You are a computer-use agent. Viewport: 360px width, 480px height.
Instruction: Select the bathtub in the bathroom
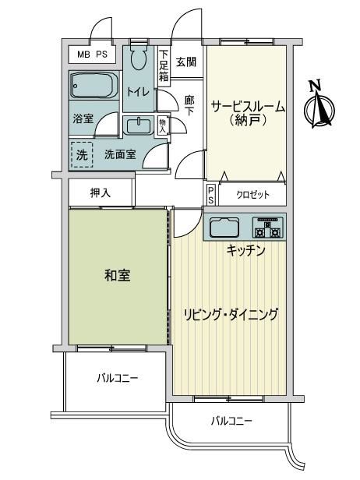pos(94,85)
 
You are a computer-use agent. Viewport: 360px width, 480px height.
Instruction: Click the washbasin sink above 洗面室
pos(139,125)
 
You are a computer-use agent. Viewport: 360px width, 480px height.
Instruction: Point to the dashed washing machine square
pos(82,154)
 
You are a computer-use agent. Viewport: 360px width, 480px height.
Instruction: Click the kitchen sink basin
pos(224,228)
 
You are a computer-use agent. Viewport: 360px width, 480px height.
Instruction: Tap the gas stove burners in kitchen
pos(268,228)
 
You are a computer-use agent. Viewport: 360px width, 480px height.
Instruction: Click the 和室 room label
pos(117,275)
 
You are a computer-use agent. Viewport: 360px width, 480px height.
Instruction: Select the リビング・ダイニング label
pos(231,314)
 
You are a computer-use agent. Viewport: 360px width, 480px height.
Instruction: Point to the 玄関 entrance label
pos(186,62)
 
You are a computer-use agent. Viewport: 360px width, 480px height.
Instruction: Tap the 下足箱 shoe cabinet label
pos(164,65)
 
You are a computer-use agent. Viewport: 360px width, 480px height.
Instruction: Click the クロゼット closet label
pos(252,195)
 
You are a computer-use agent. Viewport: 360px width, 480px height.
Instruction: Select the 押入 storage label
pos(101,193)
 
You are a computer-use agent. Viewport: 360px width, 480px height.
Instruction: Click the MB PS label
pos(92,55)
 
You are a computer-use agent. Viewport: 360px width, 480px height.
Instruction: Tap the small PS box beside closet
pos(211,196)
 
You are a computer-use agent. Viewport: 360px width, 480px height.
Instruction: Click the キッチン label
pos(245,251)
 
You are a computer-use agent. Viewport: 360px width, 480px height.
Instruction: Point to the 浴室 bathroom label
pos(83,118)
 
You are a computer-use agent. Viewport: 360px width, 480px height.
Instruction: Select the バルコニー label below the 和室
pos(118,379)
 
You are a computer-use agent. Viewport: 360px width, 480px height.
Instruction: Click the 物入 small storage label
pos(162,125)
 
